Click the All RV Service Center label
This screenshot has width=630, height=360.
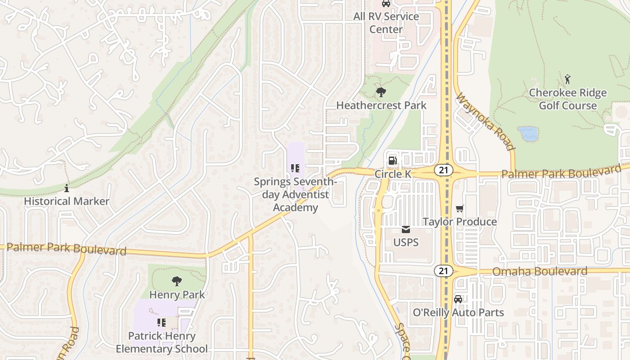(386, 23)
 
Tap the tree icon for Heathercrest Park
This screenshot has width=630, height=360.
(381, 93)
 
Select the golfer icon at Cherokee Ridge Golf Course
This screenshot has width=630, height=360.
(567, 80)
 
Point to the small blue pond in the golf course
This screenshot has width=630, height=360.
(528, 134)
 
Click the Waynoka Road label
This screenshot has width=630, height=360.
(485, 122)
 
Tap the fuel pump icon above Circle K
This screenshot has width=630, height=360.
(392, 161)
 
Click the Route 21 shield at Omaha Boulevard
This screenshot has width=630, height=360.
(443, 270)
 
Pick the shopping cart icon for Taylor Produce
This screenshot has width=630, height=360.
(459, 209)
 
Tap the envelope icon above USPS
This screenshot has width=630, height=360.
(406, 229)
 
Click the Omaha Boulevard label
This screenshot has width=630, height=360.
(540, 271)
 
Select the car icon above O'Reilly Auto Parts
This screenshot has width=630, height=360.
(458, 299)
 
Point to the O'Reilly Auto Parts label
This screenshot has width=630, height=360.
(458, 312)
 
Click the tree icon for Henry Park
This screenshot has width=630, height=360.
(177, 282)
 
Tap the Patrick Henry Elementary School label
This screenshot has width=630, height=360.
(162, 342)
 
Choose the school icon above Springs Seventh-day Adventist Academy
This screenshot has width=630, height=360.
(295, 169)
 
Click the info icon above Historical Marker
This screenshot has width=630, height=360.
(67, 188)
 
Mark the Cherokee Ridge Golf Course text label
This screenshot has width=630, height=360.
(567, 99)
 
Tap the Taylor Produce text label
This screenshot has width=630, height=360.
(459, 222)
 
